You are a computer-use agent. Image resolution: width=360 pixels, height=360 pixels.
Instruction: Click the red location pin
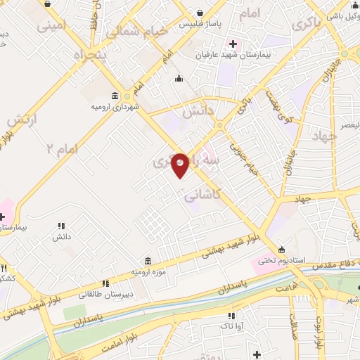pos(181,165)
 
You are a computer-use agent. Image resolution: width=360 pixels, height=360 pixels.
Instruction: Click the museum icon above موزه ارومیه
pos(148,259)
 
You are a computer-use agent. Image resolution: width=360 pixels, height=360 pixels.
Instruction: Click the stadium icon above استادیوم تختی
pos(281,250)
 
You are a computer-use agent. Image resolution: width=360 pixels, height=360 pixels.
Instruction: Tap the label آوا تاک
pos(232,327)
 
